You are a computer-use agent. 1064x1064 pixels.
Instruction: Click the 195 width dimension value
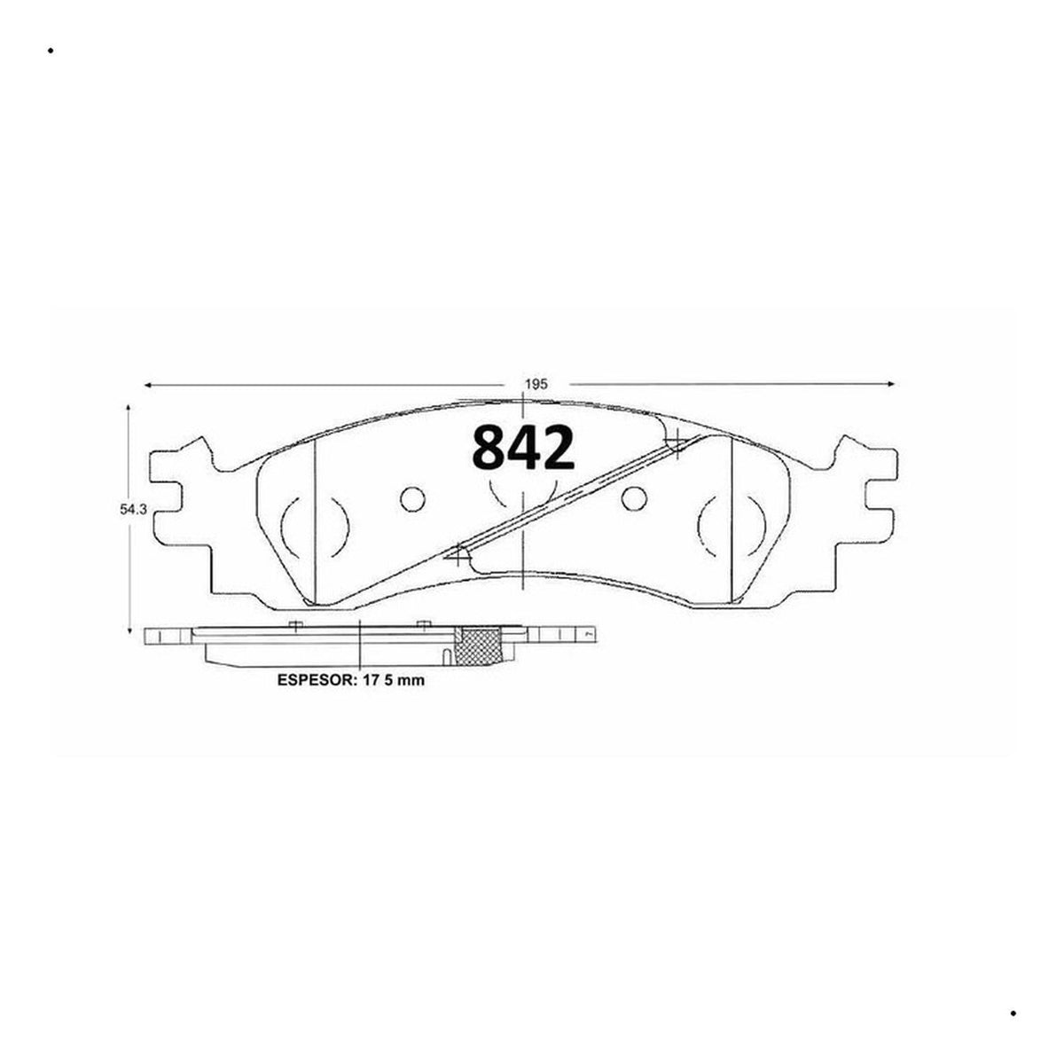[x=536, y=385]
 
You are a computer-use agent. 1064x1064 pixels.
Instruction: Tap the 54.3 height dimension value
[x=134, y=510]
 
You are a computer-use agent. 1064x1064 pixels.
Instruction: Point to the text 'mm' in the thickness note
[x=412, y=681]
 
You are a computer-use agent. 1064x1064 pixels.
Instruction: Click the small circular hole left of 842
[x=412, y=499]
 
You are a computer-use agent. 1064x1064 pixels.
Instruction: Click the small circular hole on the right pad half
[x=634, y=499]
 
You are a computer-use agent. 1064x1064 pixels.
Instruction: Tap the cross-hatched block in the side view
[x=480, y=646]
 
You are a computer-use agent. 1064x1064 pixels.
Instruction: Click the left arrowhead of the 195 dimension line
[x=148, y=385]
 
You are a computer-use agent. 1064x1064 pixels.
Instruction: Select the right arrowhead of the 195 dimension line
[x=889, y=384]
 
